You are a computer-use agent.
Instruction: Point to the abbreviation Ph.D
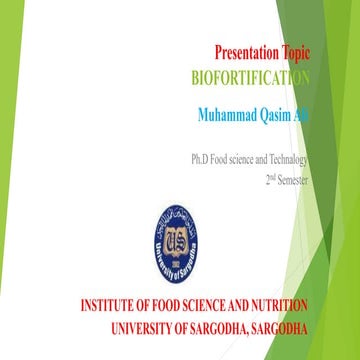click(x=203, y=159)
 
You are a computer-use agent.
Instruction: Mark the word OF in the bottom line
click(x=201, y=326)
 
